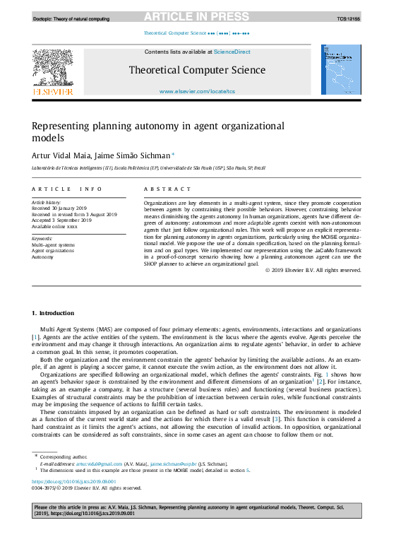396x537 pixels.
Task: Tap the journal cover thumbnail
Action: point(342,70)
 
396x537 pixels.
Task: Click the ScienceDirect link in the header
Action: point(232,52)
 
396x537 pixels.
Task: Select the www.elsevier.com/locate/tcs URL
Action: point(197,92)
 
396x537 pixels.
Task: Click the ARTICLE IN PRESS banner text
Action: point(197,16)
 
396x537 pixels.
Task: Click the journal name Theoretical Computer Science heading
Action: point(197,70)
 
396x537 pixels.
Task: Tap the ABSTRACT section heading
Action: point(167,189)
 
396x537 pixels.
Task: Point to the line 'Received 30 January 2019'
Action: point(60,208)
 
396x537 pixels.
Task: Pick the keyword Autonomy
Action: point(44,256)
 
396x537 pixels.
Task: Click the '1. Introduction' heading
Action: point(53,313)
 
